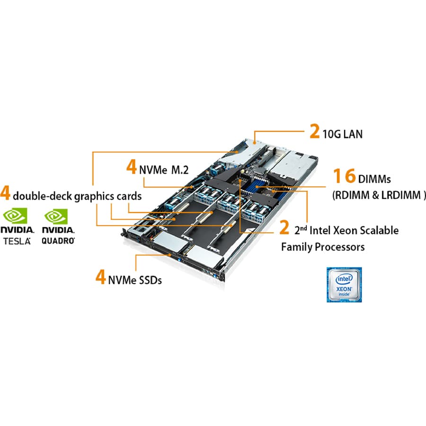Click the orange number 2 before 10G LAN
315,132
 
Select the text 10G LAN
342,134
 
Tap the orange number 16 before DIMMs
343,176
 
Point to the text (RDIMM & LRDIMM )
379,195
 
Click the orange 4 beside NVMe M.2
131,168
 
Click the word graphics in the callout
92,196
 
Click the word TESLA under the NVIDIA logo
18,241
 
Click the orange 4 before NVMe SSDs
100,277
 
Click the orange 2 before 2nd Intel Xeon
284,228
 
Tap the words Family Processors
323,247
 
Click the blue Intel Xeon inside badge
343,284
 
